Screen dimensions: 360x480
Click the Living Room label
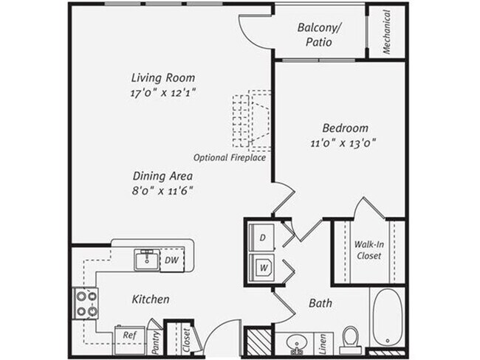tap(162, 77)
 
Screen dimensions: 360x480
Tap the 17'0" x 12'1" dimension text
tap(163, 92)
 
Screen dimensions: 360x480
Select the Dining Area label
tap(162, 176)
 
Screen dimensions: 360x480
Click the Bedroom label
tap(345, 128)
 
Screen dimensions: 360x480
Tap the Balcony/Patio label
tap(320, 35)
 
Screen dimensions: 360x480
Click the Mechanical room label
tap(386, 32)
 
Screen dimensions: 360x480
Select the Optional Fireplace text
tap(230, 158)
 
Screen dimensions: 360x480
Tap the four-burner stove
tap(85, 303)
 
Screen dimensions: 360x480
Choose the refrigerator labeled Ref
tap(128, 334)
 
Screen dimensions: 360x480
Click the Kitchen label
tap(151, 300)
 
